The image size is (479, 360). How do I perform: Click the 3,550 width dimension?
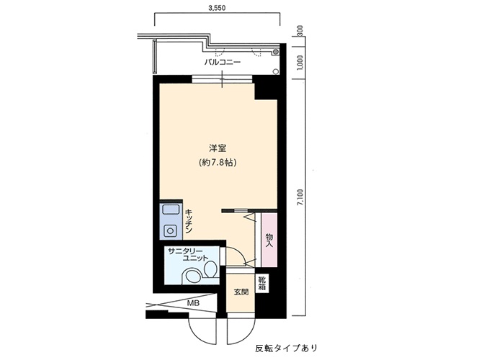click(217, 8)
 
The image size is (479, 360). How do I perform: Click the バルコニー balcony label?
click(223, 63)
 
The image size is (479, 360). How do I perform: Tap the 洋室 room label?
click(218, 149)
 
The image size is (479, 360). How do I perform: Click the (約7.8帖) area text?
click(218, 163)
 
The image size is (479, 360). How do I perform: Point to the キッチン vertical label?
click(189, 221)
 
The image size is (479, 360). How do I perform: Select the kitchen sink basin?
click(170, 210)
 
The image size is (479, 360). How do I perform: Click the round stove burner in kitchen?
click(169, 229)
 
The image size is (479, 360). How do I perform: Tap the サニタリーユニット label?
click(188, 254)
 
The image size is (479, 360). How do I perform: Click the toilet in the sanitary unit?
click(210, 269)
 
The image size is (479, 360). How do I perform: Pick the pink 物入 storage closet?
click(269, 240)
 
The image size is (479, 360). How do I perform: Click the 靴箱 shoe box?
click(262, 283)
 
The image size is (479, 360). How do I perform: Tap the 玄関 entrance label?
click(241, 292)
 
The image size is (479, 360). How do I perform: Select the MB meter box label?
click(193, 304)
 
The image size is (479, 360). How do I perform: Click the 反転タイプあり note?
click(287, 348)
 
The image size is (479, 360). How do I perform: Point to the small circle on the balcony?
click(276, 72)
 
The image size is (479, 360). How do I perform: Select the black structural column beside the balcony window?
click(265, 88)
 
